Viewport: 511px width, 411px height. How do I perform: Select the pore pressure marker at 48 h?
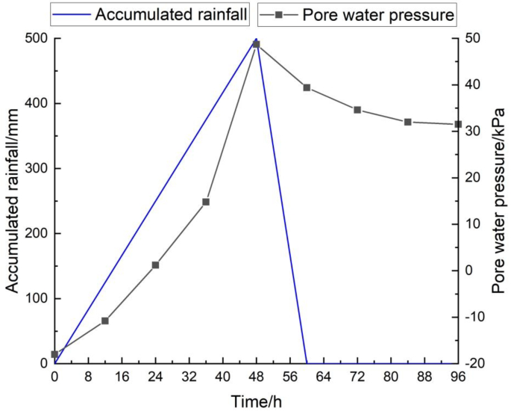pos(257,44)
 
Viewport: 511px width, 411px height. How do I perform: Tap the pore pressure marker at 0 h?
pos(54,354)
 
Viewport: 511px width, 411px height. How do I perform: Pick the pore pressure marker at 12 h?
pos(105,321)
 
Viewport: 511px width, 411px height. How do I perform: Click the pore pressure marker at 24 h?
pos(155,265)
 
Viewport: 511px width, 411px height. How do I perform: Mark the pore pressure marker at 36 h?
pos(206,202)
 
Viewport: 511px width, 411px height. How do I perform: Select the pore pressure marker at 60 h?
pos(307,87)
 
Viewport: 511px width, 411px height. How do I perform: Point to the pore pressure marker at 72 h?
pos(357,110)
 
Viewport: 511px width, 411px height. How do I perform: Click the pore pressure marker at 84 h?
pos(408,122)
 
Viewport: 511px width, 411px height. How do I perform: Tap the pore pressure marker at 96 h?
pos(458,124)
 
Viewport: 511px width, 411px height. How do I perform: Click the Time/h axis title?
pos(256,401)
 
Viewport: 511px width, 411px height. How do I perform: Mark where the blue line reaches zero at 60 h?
pos(307,363)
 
